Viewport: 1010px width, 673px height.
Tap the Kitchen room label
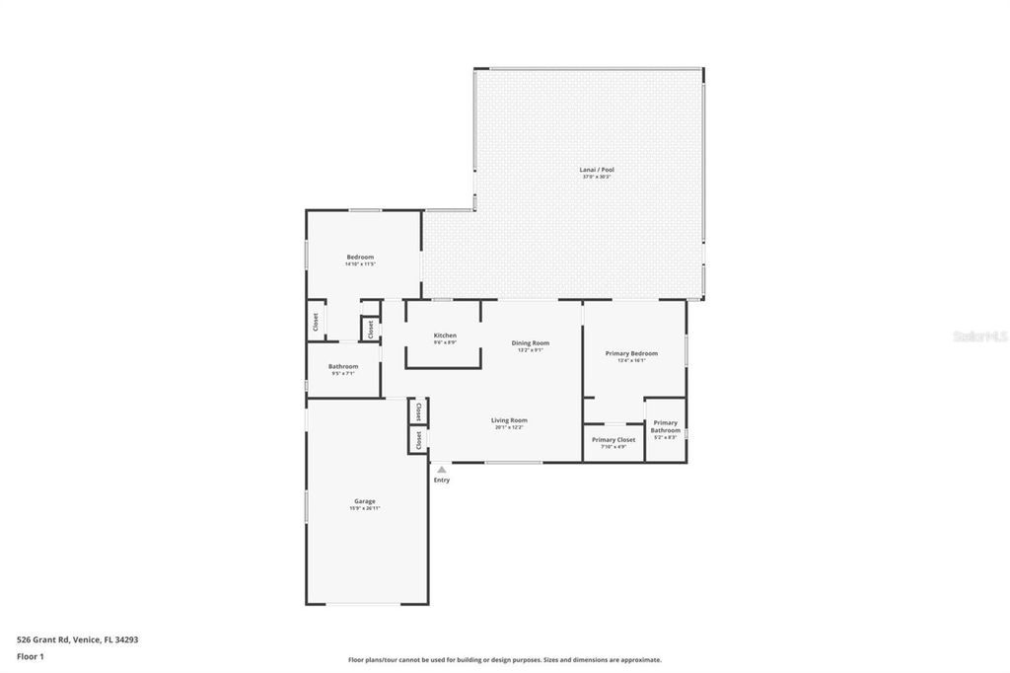[x=445, y=336]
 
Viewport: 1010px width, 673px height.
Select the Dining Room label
[x=530, y=343]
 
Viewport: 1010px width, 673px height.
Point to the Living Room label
[x=509, y=420]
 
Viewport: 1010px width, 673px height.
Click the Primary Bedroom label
[x=631, y=353]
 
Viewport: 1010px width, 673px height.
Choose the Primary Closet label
[x=613, y=440]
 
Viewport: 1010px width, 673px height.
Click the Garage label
[x=365, y=501]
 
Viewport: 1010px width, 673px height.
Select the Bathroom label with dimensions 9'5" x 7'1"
[x=343, y=366]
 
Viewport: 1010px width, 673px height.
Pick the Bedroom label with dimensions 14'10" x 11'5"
[x=360, y=258]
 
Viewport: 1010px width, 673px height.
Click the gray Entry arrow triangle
[x=442, y=470]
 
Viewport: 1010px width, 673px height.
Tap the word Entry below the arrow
[x=442, y=481]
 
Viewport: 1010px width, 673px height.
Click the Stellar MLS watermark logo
[x=979, y=336]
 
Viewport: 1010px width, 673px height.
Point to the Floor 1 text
[x=31, y=656]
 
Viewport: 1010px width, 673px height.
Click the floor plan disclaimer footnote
[x=504, y=660]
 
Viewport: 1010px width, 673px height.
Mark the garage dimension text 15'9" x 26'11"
[x=365, y=508]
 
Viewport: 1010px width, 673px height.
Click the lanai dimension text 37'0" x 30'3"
[x=596, y=177]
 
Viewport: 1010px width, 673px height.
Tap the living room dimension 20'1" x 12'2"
[x=509, y=427]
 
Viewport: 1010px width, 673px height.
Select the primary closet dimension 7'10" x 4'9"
[x=613, y=447]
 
